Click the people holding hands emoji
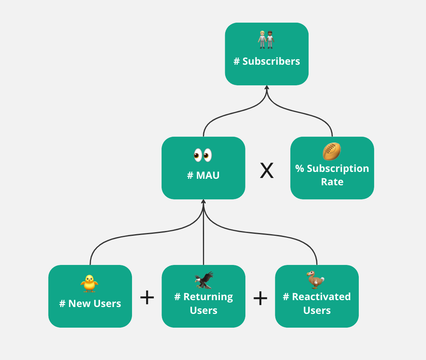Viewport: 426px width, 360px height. [x=266, y=39]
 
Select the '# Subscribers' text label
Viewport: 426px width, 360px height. [x=267, y=61]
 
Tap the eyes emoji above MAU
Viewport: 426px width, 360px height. [x=203, y=155]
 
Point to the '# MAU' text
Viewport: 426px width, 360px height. [x=203, y=176]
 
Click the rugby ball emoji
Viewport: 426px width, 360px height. [x=332, y=151]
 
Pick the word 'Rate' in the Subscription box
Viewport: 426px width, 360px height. [x=332, y=182]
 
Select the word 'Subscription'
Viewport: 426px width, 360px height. [x=337, y=168]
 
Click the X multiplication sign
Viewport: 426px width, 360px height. [x=266, y=171]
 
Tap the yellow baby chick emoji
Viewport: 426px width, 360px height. [x=89, y=283]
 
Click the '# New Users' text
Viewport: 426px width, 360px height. [x=90, y=303]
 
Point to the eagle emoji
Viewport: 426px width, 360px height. [x=203, y=280]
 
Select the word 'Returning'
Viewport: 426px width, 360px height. [x=208, y=296]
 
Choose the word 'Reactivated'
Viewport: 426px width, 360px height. [x=321, y=296]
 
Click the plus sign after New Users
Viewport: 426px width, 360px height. [x=147, y=298]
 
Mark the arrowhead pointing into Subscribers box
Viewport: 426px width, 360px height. [x=267, y=88]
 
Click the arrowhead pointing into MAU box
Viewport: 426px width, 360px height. [x=203, y=202]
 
